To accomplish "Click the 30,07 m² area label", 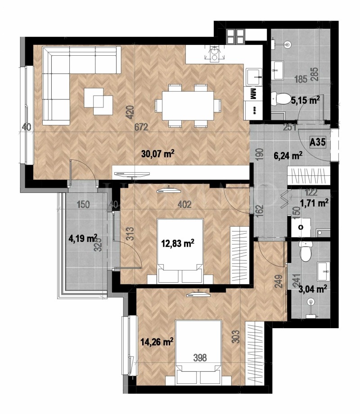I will pyautogui.click(x=157, y=154).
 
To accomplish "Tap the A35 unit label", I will pyautogui.click(x=318, y=142).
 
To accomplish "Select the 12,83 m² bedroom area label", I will pyautogui.click(x=177, y=243).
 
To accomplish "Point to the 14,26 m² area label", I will pyautogui.click(x=157, y=342).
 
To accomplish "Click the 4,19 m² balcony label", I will pyautogui.click(x=83, y=238).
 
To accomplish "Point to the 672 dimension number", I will pyautogui.click(x=141, y=127).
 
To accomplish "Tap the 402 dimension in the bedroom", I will pyautogui.click(x=185, y=205).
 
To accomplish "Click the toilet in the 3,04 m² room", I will pyautogui.click(x=306, y=253).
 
